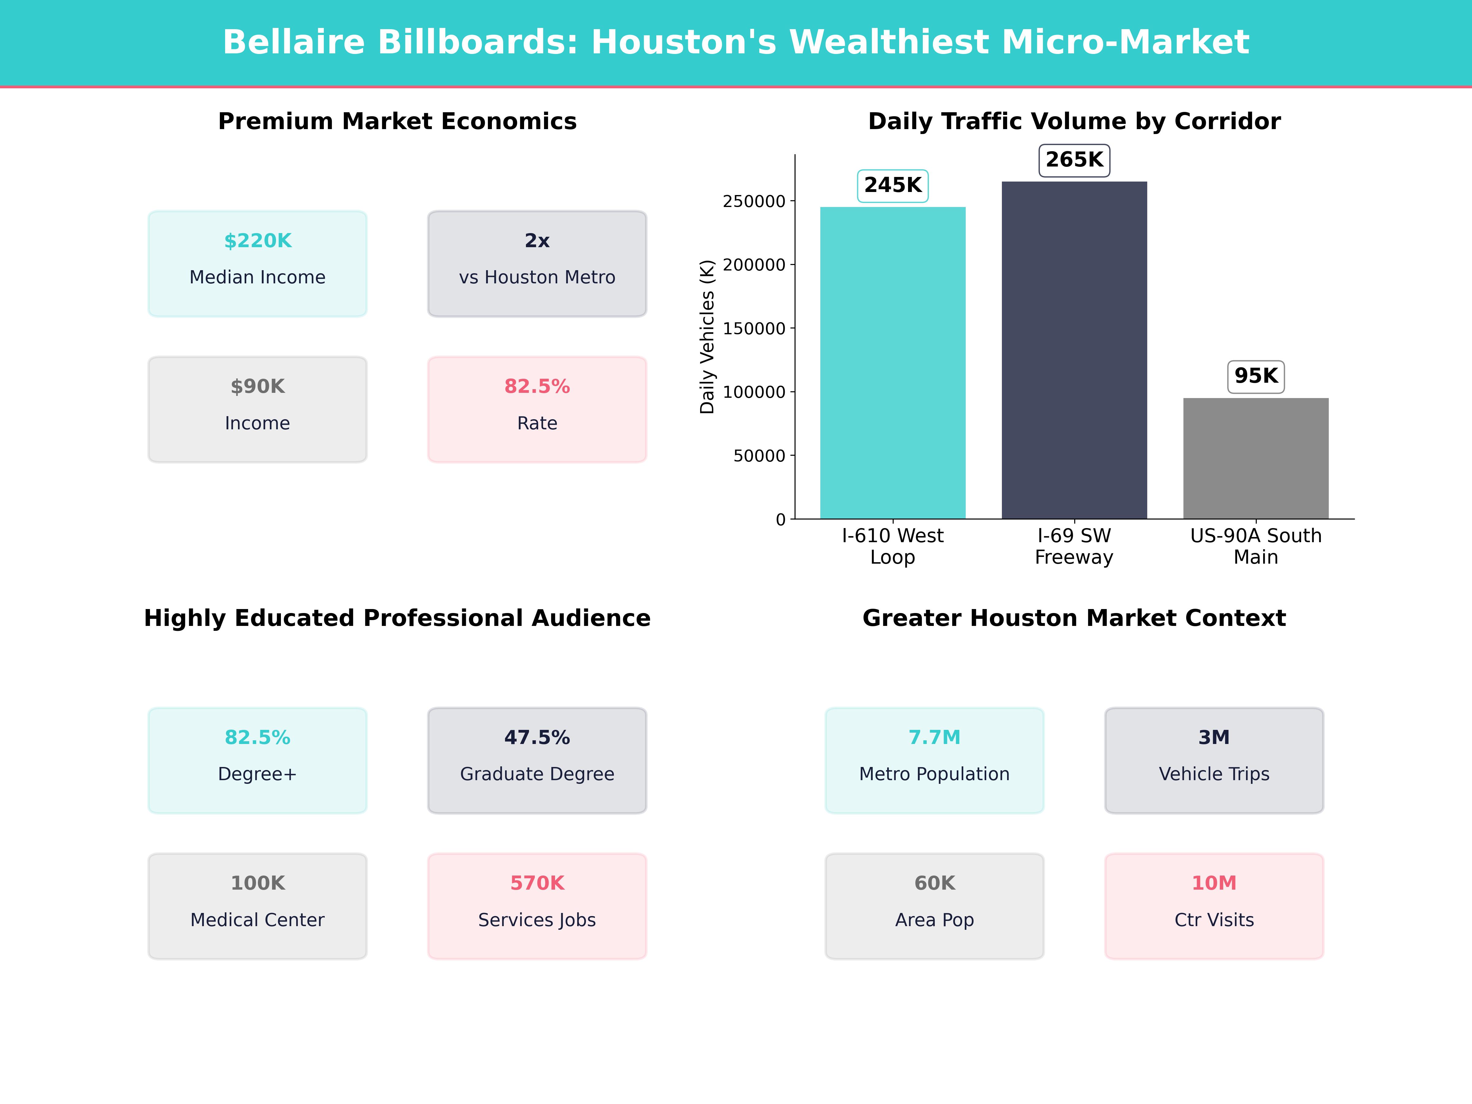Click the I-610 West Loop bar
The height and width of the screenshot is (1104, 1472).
(x=892, y=363)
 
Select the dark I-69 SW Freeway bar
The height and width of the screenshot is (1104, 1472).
(x=1074, y=350)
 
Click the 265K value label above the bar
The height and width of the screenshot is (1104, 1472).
(x=1074, y=160)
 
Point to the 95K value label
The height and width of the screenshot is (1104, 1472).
(x=1256, y=376)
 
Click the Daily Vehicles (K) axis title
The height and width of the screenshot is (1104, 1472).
(x=707, y=337)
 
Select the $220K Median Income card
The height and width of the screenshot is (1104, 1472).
(x=258, y=263)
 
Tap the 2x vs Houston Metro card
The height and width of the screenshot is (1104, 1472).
(x=537, y=263)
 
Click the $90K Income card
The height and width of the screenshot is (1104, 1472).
(x=258, y=409)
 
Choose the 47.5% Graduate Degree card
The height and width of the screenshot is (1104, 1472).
(x=537, y=760)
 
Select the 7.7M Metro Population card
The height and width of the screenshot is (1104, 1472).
(x=934, y=760)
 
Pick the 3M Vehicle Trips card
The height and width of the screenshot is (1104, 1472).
(x=1214, y=760)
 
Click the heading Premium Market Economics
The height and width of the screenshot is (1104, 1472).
(x=397, y=122)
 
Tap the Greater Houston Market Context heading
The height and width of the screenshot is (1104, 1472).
(x=1074, y=618)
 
